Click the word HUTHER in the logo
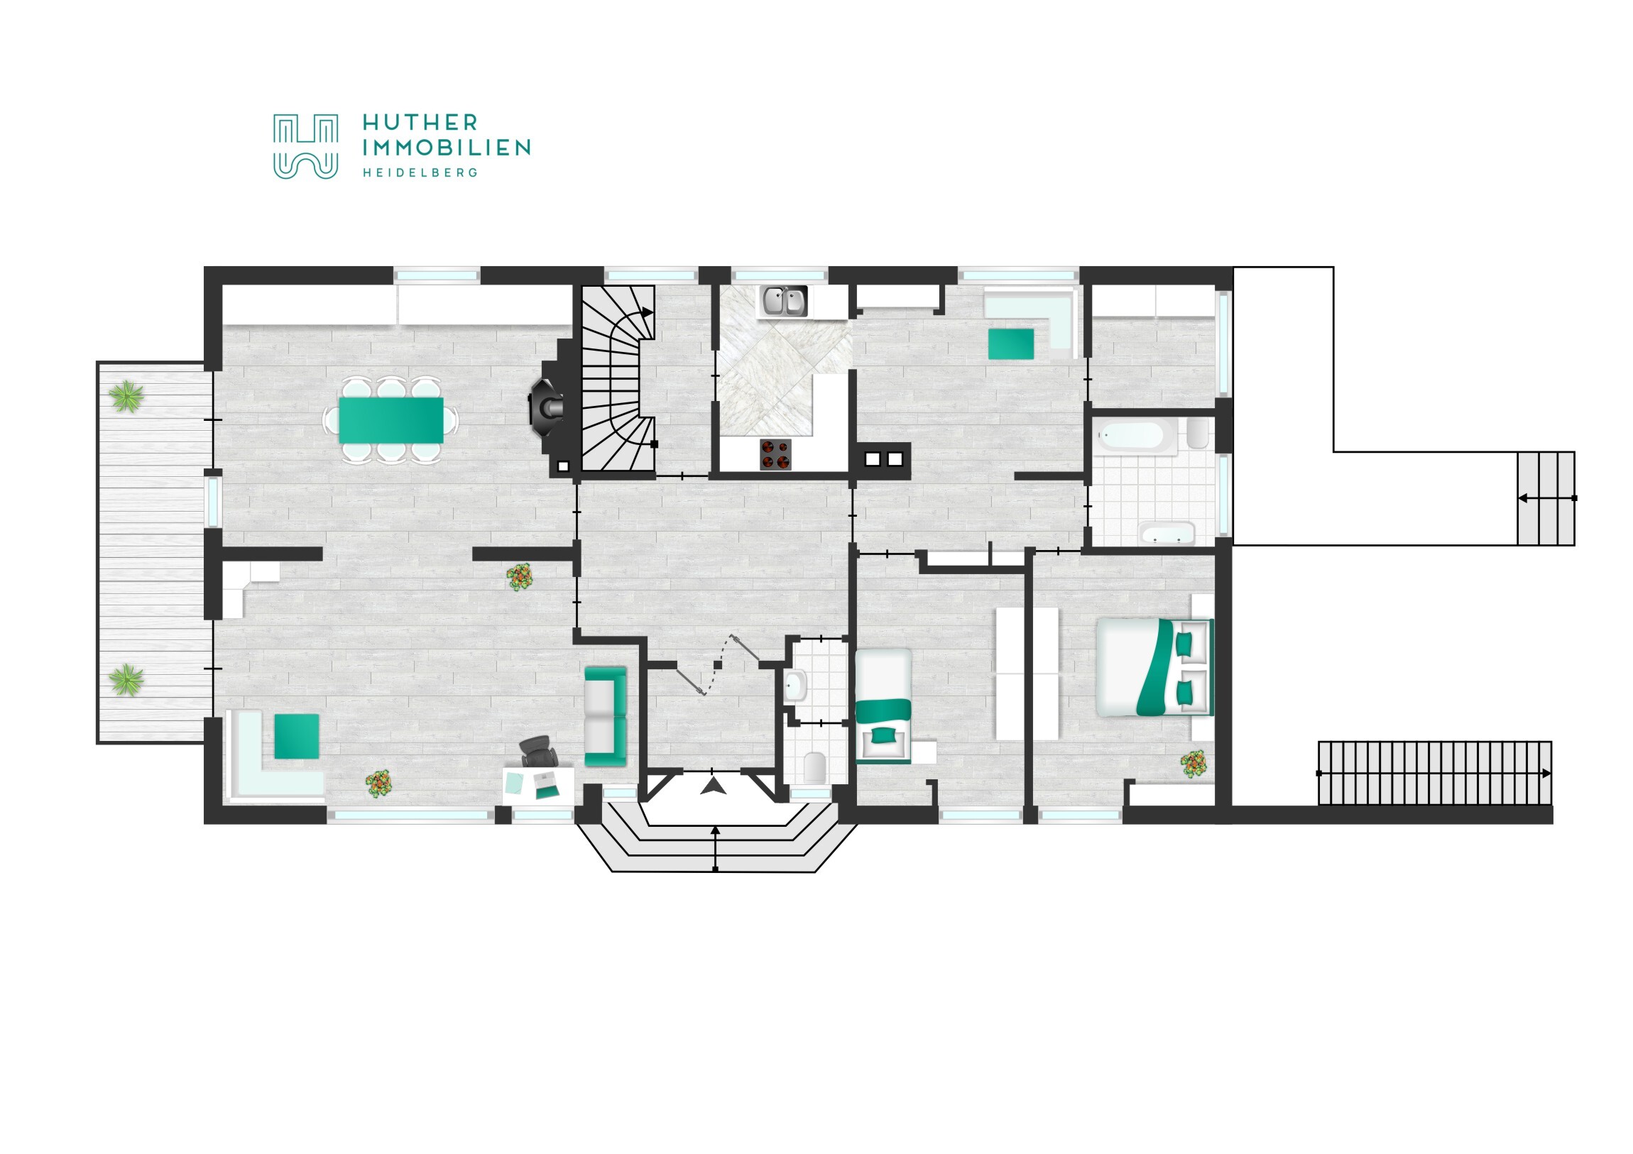pos(420,122)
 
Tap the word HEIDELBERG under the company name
pos(420,172)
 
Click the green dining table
pos(391,419)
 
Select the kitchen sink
pos(785,301)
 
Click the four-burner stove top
pos(775,454)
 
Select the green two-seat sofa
pos(605,716)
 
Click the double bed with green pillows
pos(1154,667)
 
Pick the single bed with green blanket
pos(883,705)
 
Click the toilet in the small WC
pos(814,766)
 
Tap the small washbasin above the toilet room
pos(796,686)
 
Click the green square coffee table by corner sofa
pos(297,736)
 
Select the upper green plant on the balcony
pos(126,396)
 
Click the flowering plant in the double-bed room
pos(1194,764)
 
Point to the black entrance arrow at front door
pos(714,786)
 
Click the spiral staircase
pos(618,378)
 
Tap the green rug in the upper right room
pos(1010,344)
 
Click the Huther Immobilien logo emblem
pos(306,146)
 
